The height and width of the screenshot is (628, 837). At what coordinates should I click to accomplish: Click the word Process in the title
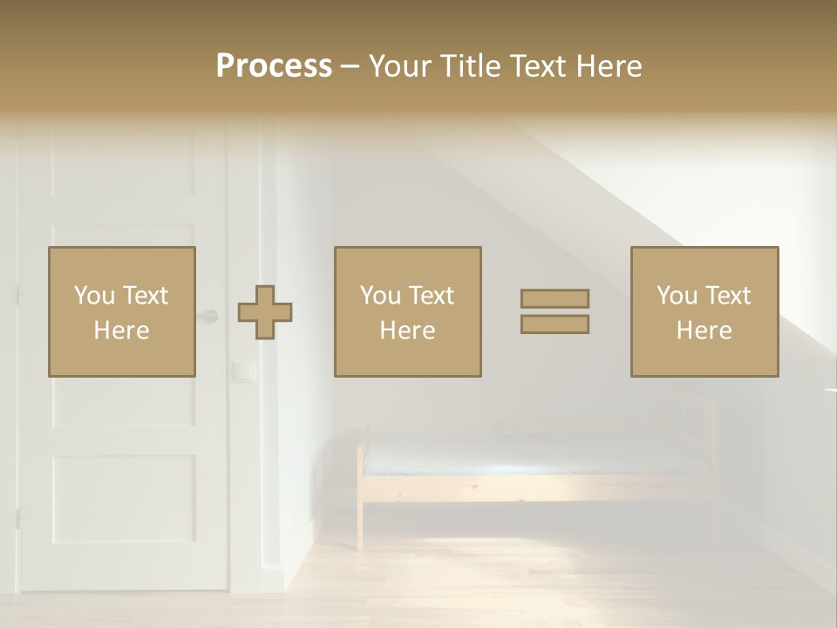click(274, 66)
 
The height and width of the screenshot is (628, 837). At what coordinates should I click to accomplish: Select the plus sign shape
click(265, 312)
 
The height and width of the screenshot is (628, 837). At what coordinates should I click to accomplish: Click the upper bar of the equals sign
click(555, 298)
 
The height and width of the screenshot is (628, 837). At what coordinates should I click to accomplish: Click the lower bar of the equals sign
click(555, 324)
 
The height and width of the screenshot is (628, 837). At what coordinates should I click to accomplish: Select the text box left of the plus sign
click(122, 311)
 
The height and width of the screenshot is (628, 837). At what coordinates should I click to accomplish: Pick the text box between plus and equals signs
click(407, 311)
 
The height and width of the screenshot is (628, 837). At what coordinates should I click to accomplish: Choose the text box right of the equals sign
click(704, 311)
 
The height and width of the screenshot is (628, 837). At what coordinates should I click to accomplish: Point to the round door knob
click(210, 316)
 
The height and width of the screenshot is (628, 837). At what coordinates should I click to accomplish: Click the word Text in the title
click(534, 66)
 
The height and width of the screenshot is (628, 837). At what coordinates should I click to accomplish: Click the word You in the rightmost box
click(676, 296)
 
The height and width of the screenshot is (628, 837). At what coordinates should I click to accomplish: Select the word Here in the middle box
click(407, 331)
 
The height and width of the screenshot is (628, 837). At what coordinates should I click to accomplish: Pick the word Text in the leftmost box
click(145, 296)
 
